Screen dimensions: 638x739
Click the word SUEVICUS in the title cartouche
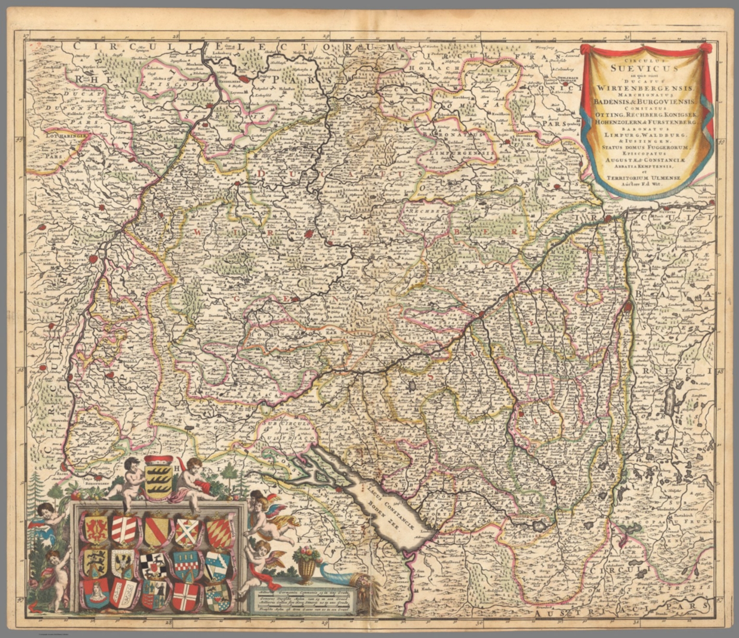644,68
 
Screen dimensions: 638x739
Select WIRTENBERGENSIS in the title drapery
644,88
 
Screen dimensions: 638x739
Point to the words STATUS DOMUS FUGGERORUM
644,147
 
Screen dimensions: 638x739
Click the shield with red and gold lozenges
219,531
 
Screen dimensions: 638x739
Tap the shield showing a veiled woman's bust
96,594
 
